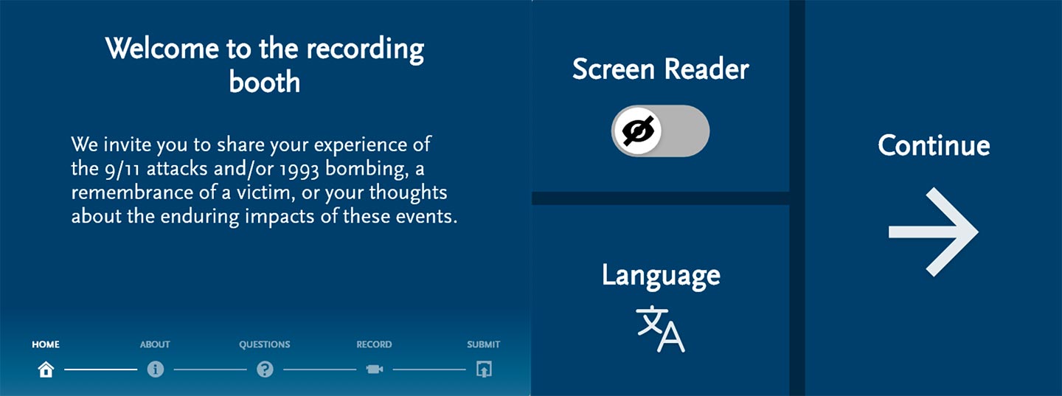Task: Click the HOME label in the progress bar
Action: pyautogui.click(x=46, y=344)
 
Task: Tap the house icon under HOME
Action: pyautogui.click(x=46, y=369)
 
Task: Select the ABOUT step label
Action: pyautogui.click(x=155, y=344)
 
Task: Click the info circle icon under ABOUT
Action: pyautogui.click(x=156, y=369)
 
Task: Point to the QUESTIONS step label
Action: pyautogui.click(x=265, y=344)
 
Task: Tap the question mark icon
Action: pyautogui.click(x=265, y=369)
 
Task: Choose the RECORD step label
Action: pyautogui.click(x=374, y=344)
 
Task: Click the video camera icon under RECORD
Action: pyautogui.click(x=375, y=369)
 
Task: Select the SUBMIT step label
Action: pyautogui.click(x=484, y=344)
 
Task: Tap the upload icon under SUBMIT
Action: pyautogui.click(x=484, y=369)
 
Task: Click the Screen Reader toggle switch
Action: pyautogui.click(x=661, y=131)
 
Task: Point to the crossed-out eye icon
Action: pyautogui.click(x=638, y=131)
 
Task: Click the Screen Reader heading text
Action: pyautogui.click(x=661, y=69)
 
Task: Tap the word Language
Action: pyautogui.click(x=661, y=276)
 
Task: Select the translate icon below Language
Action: pyautogui.click(x=661, y=329)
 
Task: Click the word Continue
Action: pyautogui.click(x=934, y=145)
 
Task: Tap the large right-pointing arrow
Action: pyautogui.click(x=933, y=232)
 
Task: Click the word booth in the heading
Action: pyautogui.click(x=265, y=82)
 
